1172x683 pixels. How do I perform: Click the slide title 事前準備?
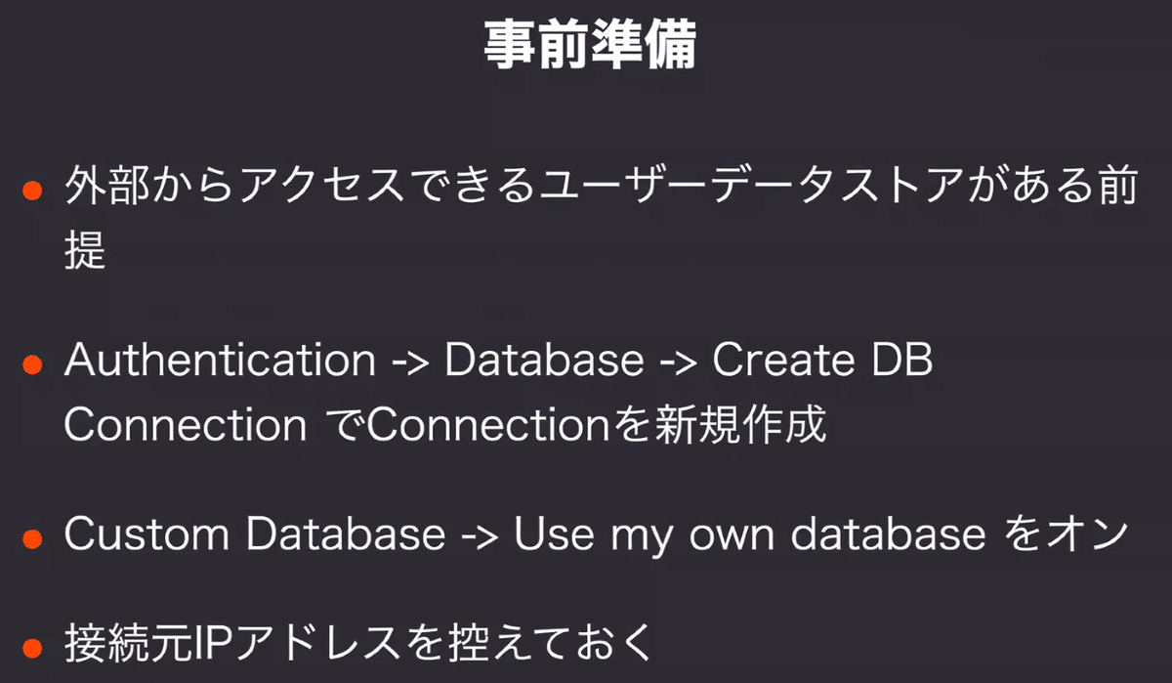tap(590, 45)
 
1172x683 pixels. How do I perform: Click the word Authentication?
tap(220, 360)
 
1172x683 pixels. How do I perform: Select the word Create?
tap(783, 361)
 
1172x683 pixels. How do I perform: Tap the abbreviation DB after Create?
tap(902, 361)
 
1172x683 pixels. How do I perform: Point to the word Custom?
tap(147, 534)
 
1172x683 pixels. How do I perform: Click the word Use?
tap(554, 534)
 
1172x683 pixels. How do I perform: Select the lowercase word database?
tap(888, 534)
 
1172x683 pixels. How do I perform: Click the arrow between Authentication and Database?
tap(411, 363)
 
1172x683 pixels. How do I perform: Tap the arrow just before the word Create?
tap(679, 363)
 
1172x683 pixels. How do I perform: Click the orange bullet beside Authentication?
tap(32, 364)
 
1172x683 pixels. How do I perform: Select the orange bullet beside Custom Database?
tap(32, 539)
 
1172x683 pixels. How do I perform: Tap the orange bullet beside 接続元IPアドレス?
tap(32, 648)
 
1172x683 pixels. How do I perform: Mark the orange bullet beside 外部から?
tap(32, 191)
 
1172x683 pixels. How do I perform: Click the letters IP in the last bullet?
tap(214, 643)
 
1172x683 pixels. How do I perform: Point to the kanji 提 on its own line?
tap(85, 249)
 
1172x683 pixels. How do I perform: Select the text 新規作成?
tap(740, 424)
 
